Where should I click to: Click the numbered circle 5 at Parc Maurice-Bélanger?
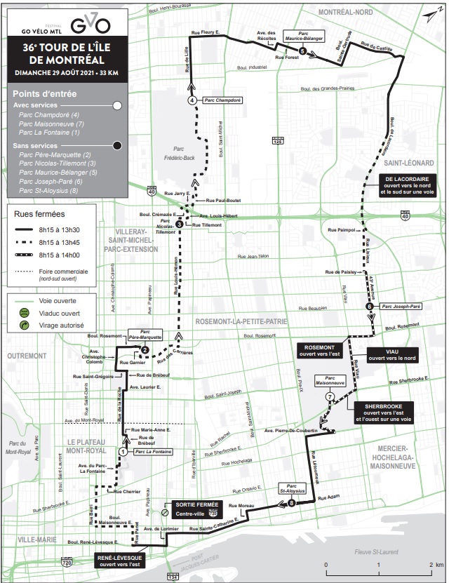click(302, 51)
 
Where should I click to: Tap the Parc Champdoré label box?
click(222, 100)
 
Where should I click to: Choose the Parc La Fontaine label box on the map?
click(152, 452)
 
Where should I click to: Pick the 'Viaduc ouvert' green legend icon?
click(24, 313)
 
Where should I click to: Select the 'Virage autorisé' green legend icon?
click(24, 326)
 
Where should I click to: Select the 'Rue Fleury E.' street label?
click(206, 32)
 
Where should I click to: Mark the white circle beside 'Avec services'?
click(117, 105)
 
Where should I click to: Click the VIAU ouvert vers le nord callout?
click(386, 354)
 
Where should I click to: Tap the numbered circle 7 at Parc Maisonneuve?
click(329, 397)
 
